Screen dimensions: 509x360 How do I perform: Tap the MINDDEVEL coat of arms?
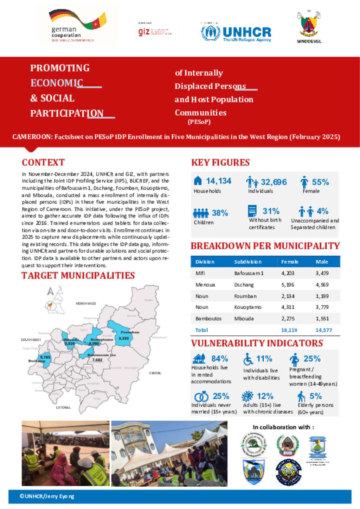[309, 27]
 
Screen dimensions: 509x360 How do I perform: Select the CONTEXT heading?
[43, 162]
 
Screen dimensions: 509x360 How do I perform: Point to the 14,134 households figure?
[218, 181]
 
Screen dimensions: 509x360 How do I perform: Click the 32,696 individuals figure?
[274, 182]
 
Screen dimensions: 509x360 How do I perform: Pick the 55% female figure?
[320, 182]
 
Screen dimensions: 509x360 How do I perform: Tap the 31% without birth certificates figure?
[271, 211]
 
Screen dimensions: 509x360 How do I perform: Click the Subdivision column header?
[248, 262]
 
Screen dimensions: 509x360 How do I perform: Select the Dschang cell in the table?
[244, 285]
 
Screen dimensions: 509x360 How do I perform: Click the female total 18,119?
[289, 330]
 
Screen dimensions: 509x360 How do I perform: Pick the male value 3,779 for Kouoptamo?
[322, 307]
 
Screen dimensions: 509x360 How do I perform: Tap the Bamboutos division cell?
[208, 319]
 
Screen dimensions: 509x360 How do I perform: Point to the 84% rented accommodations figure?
[219, 359]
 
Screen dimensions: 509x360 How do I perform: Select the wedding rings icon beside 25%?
[201, 397]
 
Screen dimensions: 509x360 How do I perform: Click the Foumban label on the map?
[130, 332]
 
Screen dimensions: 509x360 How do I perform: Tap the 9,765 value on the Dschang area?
[45, 357]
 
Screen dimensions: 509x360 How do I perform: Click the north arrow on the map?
[50, 291]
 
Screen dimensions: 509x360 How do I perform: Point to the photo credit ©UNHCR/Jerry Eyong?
[47, 496]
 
